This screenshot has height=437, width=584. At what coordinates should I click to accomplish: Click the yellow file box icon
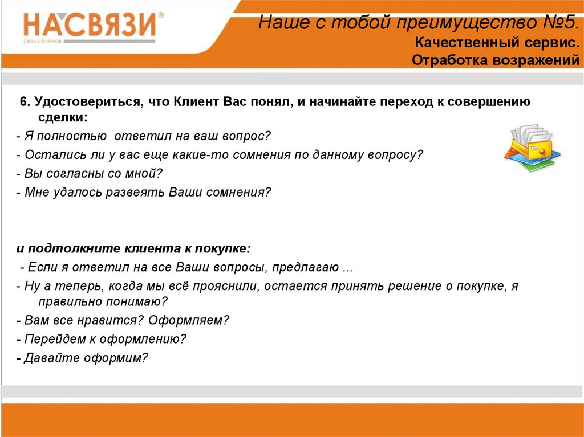pos(533,148)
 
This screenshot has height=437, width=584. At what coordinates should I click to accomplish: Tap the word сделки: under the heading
pos(63,117)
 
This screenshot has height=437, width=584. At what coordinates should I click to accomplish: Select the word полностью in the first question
pos(72,136)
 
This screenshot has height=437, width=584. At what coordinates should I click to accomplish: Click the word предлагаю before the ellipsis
pos(306,267)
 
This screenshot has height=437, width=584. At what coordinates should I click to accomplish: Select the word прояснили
pos(221,286)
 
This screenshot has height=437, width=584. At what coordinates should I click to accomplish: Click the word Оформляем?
pos(189,320)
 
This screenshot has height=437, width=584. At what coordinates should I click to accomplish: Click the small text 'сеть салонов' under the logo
pos(42,41)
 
